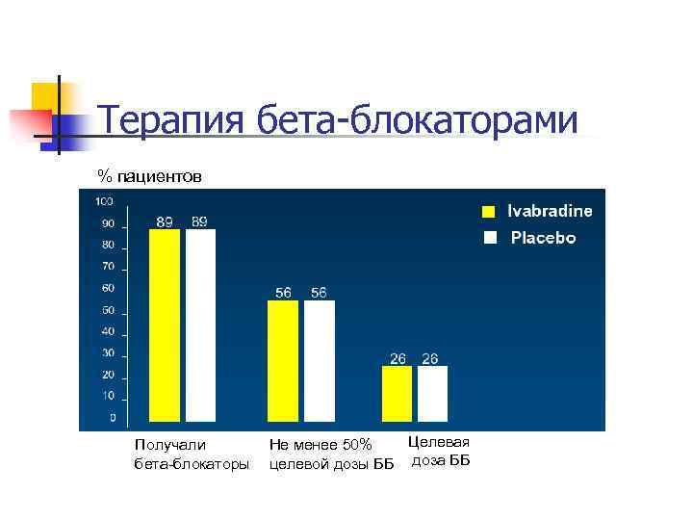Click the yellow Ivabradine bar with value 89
point(165,325)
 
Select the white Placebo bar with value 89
point(200,325)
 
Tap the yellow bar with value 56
point(283,361)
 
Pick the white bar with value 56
point(320,361)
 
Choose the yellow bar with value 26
point(397,393)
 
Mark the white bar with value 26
point(432,393)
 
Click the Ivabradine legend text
point(550,212)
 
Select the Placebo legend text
point(543,237)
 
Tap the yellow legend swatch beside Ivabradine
point(489,212)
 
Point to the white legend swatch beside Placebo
point(489,237)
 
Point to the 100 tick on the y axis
point(104,201)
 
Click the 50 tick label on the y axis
point(109,310)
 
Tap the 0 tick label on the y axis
point(113,418)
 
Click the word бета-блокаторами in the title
point(417,122)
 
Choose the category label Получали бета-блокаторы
point(191,455)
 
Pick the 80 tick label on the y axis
point(109,245)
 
